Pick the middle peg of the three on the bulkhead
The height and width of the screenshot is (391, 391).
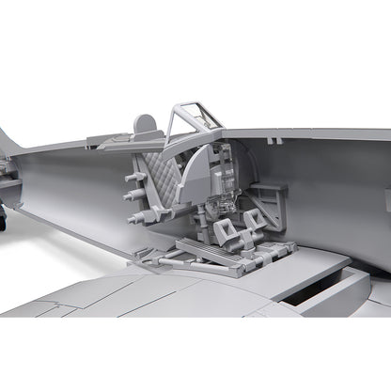click(132, 196)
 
